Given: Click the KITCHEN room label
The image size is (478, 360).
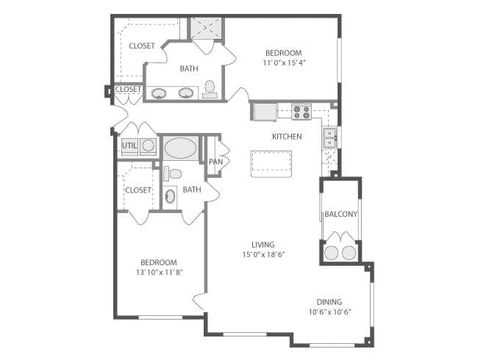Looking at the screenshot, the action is coord(287,137).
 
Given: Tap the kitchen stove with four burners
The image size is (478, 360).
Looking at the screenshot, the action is coord(302,112).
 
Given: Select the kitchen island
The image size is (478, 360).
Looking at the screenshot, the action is coord(271,164).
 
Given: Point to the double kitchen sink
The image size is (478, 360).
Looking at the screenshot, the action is coord(330,138).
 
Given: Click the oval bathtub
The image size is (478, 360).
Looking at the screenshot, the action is coord(181,148).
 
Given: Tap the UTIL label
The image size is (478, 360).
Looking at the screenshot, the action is coord(129,145).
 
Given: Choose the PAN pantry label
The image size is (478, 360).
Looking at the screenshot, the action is coord(215,162).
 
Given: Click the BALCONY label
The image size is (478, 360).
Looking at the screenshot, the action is coord(340,214).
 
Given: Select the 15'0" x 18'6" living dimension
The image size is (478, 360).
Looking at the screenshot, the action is coord(263,254).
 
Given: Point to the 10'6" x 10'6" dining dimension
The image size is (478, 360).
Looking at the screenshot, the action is coord(330,312).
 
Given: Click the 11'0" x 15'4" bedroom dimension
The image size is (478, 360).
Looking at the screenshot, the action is coord(284,62).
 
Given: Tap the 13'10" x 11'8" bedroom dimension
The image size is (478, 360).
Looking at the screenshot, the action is coord(159,272).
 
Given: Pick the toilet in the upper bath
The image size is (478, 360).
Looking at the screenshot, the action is coord(210,89).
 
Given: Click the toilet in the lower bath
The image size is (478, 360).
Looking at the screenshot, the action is coord(173,174).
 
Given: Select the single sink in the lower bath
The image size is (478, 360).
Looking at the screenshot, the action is coord(170,196).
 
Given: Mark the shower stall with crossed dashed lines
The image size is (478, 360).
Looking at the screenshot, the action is coord(207,28).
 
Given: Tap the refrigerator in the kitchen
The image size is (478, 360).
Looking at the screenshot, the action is coord(264,112).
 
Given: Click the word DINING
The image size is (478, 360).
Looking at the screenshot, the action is coord(329,302).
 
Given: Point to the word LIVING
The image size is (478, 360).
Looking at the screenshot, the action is coord(263,245).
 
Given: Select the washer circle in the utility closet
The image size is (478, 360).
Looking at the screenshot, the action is coord(148,145).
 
